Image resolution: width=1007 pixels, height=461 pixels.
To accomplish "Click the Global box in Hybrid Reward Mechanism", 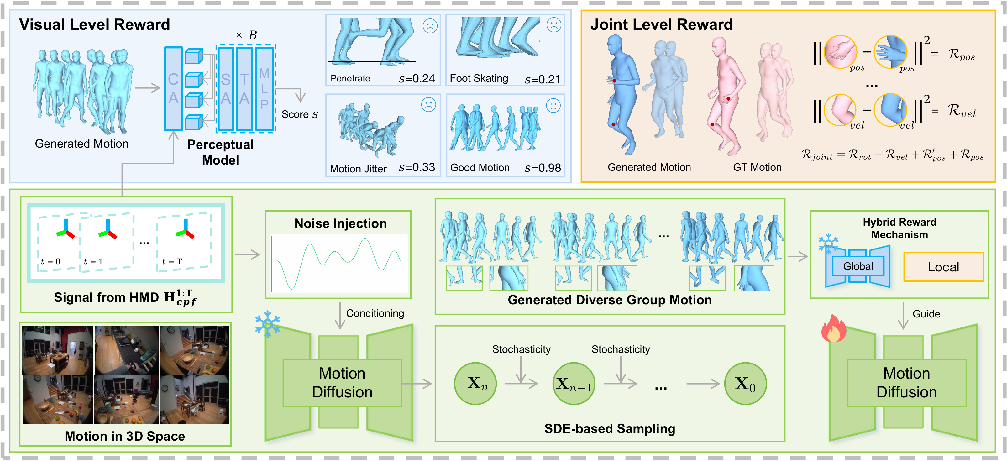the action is click(858, 266).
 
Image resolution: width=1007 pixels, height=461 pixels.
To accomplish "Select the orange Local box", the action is click(943, 267).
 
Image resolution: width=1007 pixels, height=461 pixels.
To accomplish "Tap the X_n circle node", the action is click(475, 384).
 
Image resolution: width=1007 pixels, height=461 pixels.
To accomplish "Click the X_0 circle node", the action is click(746, 384).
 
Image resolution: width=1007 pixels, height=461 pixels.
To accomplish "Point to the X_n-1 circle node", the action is click(574, 384).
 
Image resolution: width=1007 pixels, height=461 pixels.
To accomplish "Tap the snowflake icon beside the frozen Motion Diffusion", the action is click(267, 324).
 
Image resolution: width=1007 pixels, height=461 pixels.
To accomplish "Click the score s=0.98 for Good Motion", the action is click(543, 168).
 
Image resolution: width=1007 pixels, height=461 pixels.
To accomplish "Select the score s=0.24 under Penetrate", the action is click(417, 79).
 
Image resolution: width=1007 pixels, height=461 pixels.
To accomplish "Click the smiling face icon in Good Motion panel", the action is click(553, 106).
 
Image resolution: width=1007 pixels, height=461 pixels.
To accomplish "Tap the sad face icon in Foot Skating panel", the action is click(553, 25).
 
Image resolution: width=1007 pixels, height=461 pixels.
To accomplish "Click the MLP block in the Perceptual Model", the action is click(264, 89).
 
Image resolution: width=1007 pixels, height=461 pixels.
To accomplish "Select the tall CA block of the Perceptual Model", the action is click(174, 89).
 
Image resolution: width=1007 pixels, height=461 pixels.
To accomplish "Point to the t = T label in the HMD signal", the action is click(172, 261).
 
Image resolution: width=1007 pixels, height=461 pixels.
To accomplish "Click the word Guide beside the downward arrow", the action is click(926, 314).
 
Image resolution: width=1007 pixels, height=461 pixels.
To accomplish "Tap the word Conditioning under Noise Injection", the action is click(375, 313).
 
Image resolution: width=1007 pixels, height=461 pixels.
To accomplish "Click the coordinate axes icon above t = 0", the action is click(66, 229).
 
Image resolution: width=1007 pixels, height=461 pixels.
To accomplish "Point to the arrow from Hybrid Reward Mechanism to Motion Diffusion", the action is click(903, 316).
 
